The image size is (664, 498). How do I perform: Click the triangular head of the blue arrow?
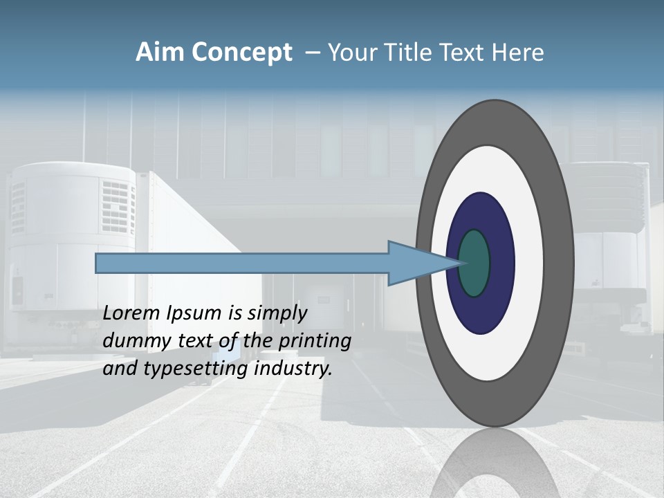coord(415,264)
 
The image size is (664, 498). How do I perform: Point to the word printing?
coord(314,342)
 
